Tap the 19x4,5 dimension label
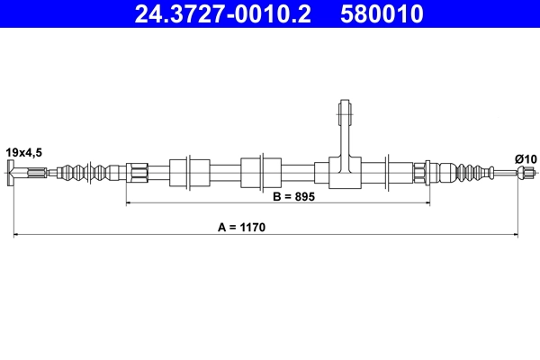point(23,152)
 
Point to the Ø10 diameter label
point(526,159)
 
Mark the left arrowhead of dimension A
point(16,236)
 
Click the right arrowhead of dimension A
point(516,236)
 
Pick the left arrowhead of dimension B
point(130,204)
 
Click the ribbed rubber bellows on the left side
point(90,172)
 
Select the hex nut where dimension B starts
point(137,172)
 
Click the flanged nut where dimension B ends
point(421,172)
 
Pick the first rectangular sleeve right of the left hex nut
point(189,172)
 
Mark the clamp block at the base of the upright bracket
point(345,172)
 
